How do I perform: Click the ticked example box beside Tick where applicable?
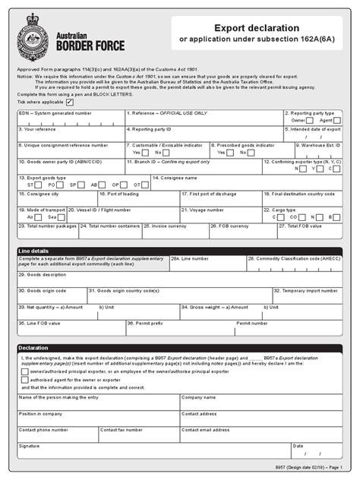[x=71, y=101]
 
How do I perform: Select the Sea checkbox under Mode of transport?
[x=59, y=216]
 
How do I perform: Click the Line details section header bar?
[x=179, y=250]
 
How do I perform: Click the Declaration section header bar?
[x=179, y=348]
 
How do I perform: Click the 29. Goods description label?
[x=43, y=274]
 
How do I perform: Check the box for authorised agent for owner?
[x=25, y=380]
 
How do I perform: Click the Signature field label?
[x=30, y=446]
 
